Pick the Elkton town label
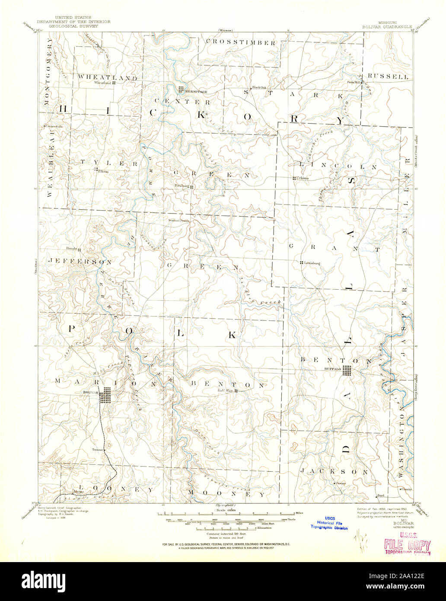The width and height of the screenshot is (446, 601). click(x=103, y=172)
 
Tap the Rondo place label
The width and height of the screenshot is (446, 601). click(x=71, y=249)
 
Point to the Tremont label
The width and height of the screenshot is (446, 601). click(x=98, y=450)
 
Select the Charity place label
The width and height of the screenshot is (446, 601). click(x=406, y=489)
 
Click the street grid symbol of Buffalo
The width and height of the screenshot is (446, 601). click(x=347, y=371)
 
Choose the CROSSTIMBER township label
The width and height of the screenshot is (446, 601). click(x=240, y=42)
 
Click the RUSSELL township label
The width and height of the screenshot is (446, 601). click(x=391, y=77)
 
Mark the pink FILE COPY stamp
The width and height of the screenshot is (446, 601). click(x=407, y=546)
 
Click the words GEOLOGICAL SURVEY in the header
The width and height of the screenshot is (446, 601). click(x=73, y=26)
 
